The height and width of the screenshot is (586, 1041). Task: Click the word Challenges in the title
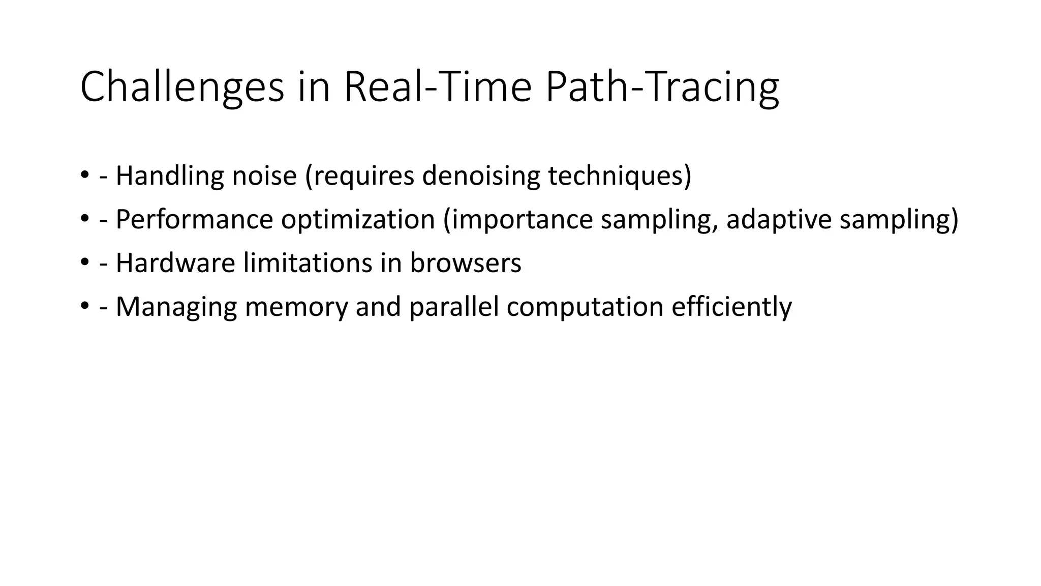pyautogui.click(x=181, y=87)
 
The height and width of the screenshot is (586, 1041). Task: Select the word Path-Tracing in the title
pyautogui.click(x=662, y=87)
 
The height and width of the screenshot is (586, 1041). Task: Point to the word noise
pyautogui.click(x=264, y=176)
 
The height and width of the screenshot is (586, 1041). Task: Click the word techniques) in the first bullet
pyautogui.click(x=619, y=176)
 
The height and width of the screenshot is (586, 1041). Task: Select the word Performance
pyautogui.click(x=194, y=220)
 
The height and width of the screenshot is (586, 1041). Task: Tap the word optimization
pyautogui.click(x=358, y=220)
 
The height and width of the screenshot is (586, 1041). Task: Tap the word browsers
pyautogui.click(x=465, y=263)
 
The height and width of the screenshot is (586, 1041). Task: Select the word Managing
pyautogui.click(x=176, y=307)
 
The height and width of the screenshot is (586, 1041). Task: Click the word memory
pyautogui.click(x=296, y=307)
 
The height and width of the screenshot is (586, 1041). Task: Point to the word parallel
pyautogui.click(x=453, y=307)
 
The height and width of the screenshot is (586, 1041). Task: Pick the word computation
pyautogui.click(x=585, y=307)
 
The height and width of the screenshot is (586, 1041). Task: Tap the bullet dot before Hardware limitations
pyautogui.click(x=84, y=263)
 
